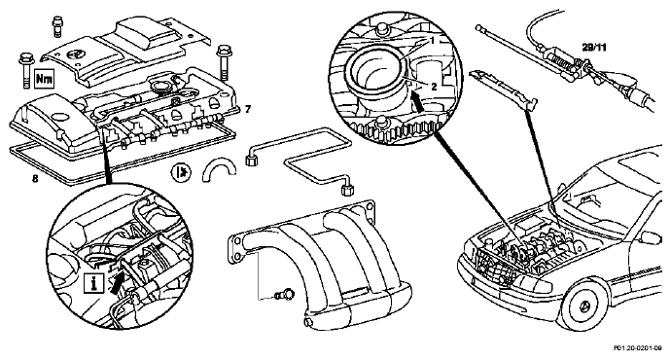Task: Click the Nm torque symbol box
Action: point(45,79)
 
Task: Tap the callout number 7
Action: point(248,110)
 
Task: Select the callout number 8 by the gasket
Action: point(35,178)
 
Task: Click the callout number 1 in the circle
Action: point(432,41)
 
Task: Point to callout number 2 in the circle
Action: point(434,87)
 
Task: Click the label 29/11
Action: point(594,48)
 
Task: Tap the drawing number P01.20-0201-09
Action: point(638,348)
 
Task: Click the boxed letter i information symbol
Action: point(93,283)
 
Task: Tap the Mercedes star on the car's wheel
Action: point(585,306)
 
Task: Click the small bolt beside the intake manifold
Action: point(285,295)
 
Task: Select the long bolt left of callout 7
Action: point(224,62)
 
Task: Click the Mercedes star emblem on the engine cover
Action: point(72,54)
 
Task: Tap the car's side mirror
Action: point(651,237)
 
